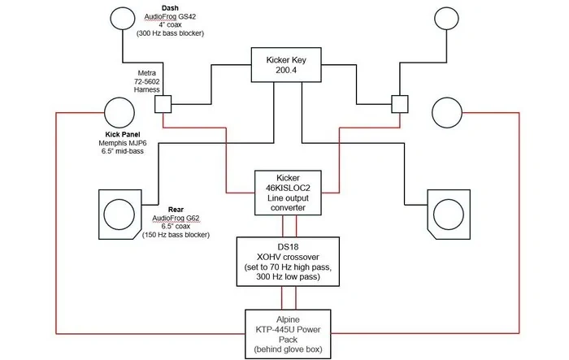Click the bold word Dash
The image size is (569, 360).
170,7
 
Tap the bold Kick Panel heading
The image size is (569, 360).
123,134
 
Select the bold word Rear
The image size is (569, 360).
176,210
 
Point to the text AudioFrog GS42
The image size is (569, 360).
170,16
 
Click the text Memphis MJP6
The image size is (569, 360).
123,143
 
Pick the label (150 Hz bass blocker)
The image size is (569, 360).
176,235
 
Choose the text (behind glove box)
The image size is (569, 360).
288,349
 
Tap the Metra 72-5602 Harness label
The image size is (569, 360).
146,81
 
